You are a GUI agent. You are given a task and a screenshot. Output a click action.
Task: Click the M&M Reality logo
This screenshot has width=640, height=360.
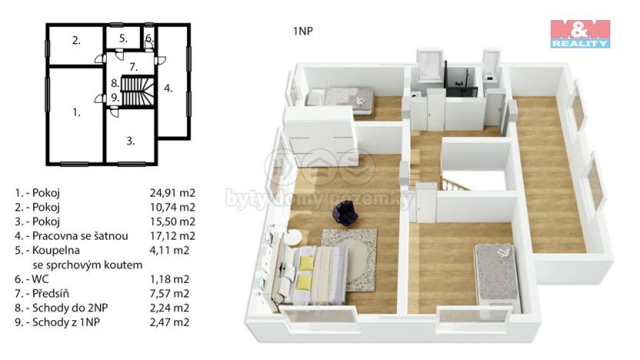coord(580,34)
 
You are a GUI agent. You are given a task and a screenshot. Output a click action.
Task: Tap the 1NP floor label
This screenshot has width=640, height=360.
coord(302,32)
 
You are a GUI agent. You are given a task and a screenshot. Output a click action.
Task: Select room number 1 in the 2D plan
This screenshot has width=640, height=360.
coord(76,112)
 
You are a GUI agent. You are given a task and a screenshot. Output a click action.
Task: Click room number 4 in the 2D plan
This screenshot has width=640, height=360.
coord(168,88)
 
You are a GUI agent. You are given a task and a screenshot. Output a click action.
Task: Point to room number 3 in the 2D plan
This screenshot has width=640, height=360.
coord(131,141)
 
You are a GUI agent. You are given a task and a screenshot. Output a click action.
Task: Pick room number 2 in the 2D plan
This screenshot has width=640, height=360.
coord(76,41)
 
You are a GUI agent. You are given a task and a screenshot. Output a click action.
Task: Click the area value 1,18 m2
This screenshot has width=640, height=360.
coord(169,278)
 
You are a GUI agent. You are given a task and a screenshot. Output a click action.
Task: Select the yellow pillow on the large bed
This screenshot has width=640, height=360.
coord(306,264)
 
